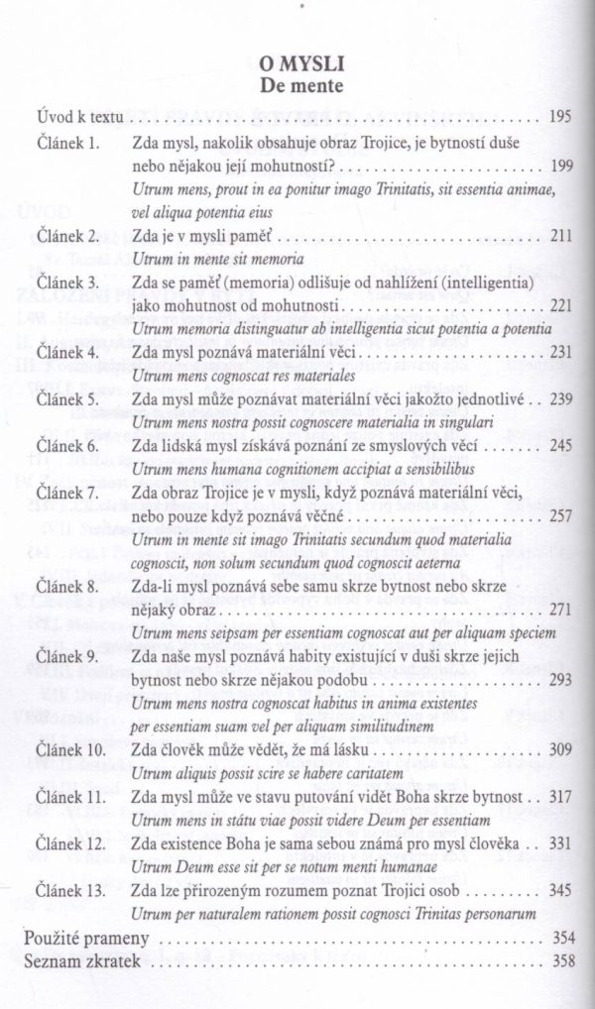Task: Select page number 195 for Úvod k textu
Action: (560, 117)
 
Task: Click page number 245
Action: (560, 446)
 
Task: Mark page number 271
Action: (560, 609)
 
